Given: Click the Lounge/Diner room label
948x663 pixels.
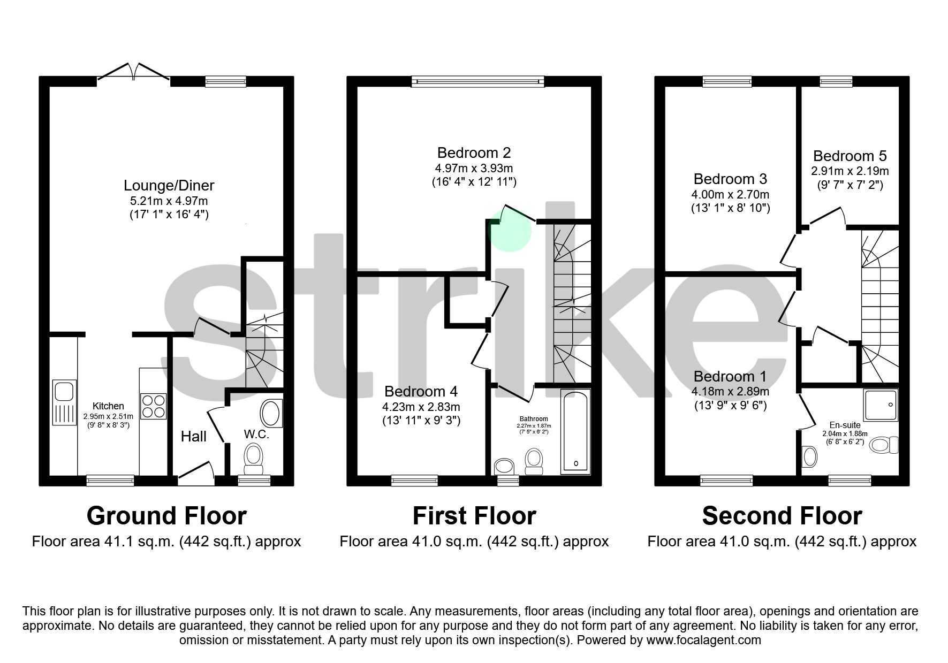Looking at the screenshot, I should pos(169,186).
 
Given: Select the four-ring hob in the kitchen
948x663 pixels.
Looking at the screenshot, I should pos(153,406).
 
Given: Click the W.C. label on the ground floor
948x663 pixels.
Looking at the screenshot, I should pos(256,435).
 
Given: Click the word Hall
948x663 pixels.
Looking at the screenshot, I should pos(193,437).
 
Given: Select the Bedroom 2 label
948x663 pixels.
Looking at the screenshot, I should pos(474,153).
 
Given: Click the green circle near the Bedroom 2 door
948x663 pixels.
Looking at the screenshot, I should pos(511,229).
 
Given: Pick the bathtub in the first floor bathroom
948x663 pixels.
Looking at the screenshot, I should pos(575,431).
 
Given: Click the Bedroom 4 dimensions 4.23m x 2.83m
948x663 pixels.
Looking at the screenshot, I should pos(421,407).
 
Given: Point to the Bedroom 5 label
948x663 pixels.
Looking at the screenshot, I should pos(850,156).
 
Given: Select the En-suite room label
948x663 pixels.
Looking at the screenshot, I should pos(845,425).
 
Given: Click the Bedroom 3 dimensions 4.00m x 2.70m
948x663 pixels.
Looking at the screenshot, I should pos(731,194).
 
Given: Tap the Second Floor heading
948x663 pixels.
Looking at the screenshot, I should pos(782,516).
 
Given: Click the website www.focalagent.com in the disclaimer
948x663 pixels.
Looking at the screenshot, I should pos(703,640).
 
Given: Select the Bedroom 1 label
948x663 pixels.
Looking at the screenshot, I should pos(730,376).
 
